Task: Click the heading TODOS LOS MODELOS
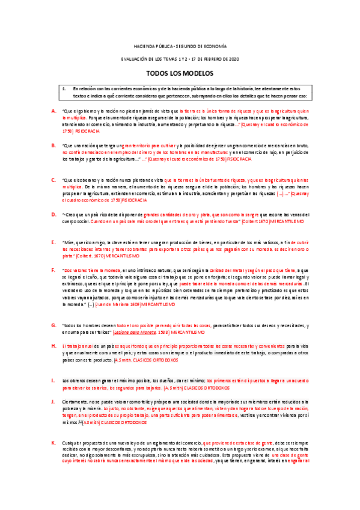pyautogui.click(x=180, y=73)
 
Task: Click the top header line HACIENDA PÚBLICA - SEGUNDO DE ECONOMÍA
pyautogui.click(x=180, y=46)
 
